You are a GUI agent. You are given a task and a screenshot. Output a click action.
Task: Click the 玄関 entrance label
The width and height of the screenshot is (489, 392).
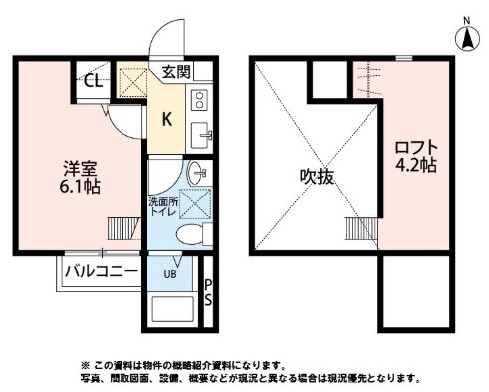coord(177,72)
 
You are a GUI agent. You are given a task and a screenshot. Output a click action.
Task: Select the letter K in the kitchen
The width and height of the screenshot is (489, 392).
coord(166,120)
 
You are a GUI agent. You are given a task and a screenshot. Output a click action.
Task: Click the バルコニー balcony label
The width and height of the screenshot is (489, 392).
coord(101,271)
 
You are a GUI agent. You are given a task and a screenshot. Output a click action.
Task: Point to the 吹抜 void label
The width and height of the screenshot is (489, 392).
coord(318,176)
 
